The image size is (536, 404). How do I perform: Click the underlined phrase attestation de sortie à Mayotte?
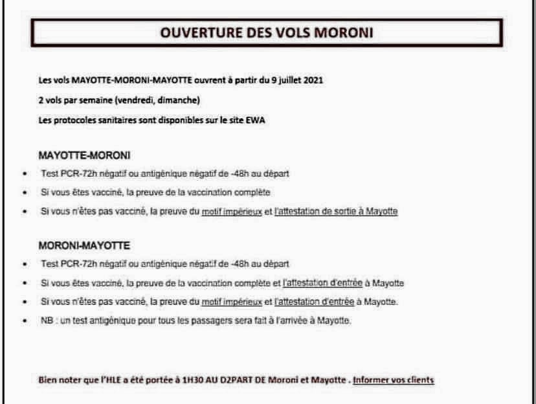coord(337,211)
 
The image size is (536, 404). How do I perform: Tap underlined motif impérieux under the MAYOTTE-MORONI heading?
coord(234,211)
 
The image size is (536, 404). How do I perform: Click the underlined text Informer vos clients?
coord(394,379)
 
